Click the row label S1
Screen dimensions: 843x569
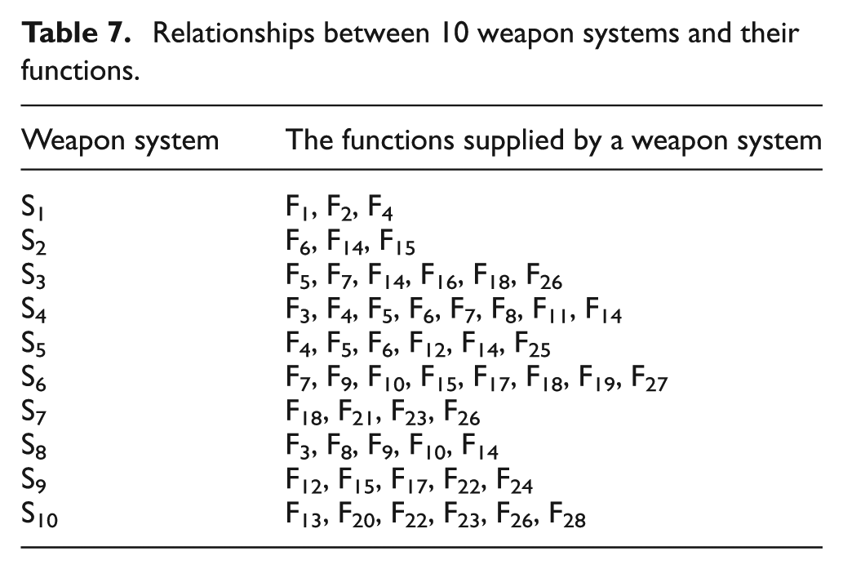coord(33,207)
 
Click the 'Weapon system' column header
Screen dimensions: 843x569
coord(120,141)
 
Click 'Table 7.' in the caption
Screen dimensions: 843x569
coord(76,33)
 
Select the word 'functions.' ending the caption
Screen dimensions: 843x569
coord(80,70)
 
